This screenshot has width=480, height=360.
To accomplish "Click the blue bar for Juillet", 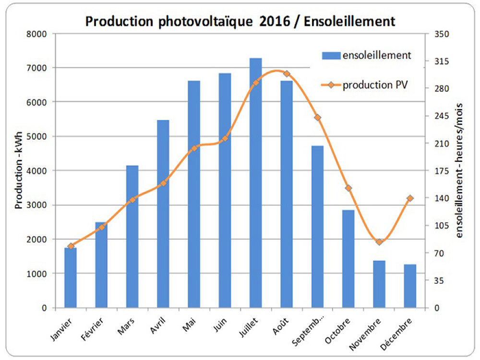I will pos(256,182).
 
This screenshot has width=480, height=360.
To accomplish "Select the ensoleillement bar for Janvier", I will pos(71,277).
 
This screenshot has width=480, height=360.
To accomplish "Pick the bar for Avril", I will pos(163,214).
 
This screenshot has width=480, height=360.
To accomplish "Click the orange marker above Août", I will pos(287,74).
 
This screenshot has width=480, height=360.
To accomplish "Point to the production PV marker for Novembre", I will pos(379,242).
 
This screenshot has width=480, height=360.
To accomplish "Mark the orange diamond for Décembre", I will pos(410,198).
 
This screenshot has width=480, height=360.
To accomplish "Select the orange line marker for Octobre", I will pos(348,188).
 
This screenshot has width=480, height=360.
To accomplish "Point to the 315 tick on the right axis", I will pos(441,61).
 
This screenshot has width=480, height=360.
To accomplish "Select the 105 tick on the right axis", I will pos(441,226).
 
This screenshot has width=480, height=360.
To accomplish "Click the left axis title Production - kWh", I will pos(19,170).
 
